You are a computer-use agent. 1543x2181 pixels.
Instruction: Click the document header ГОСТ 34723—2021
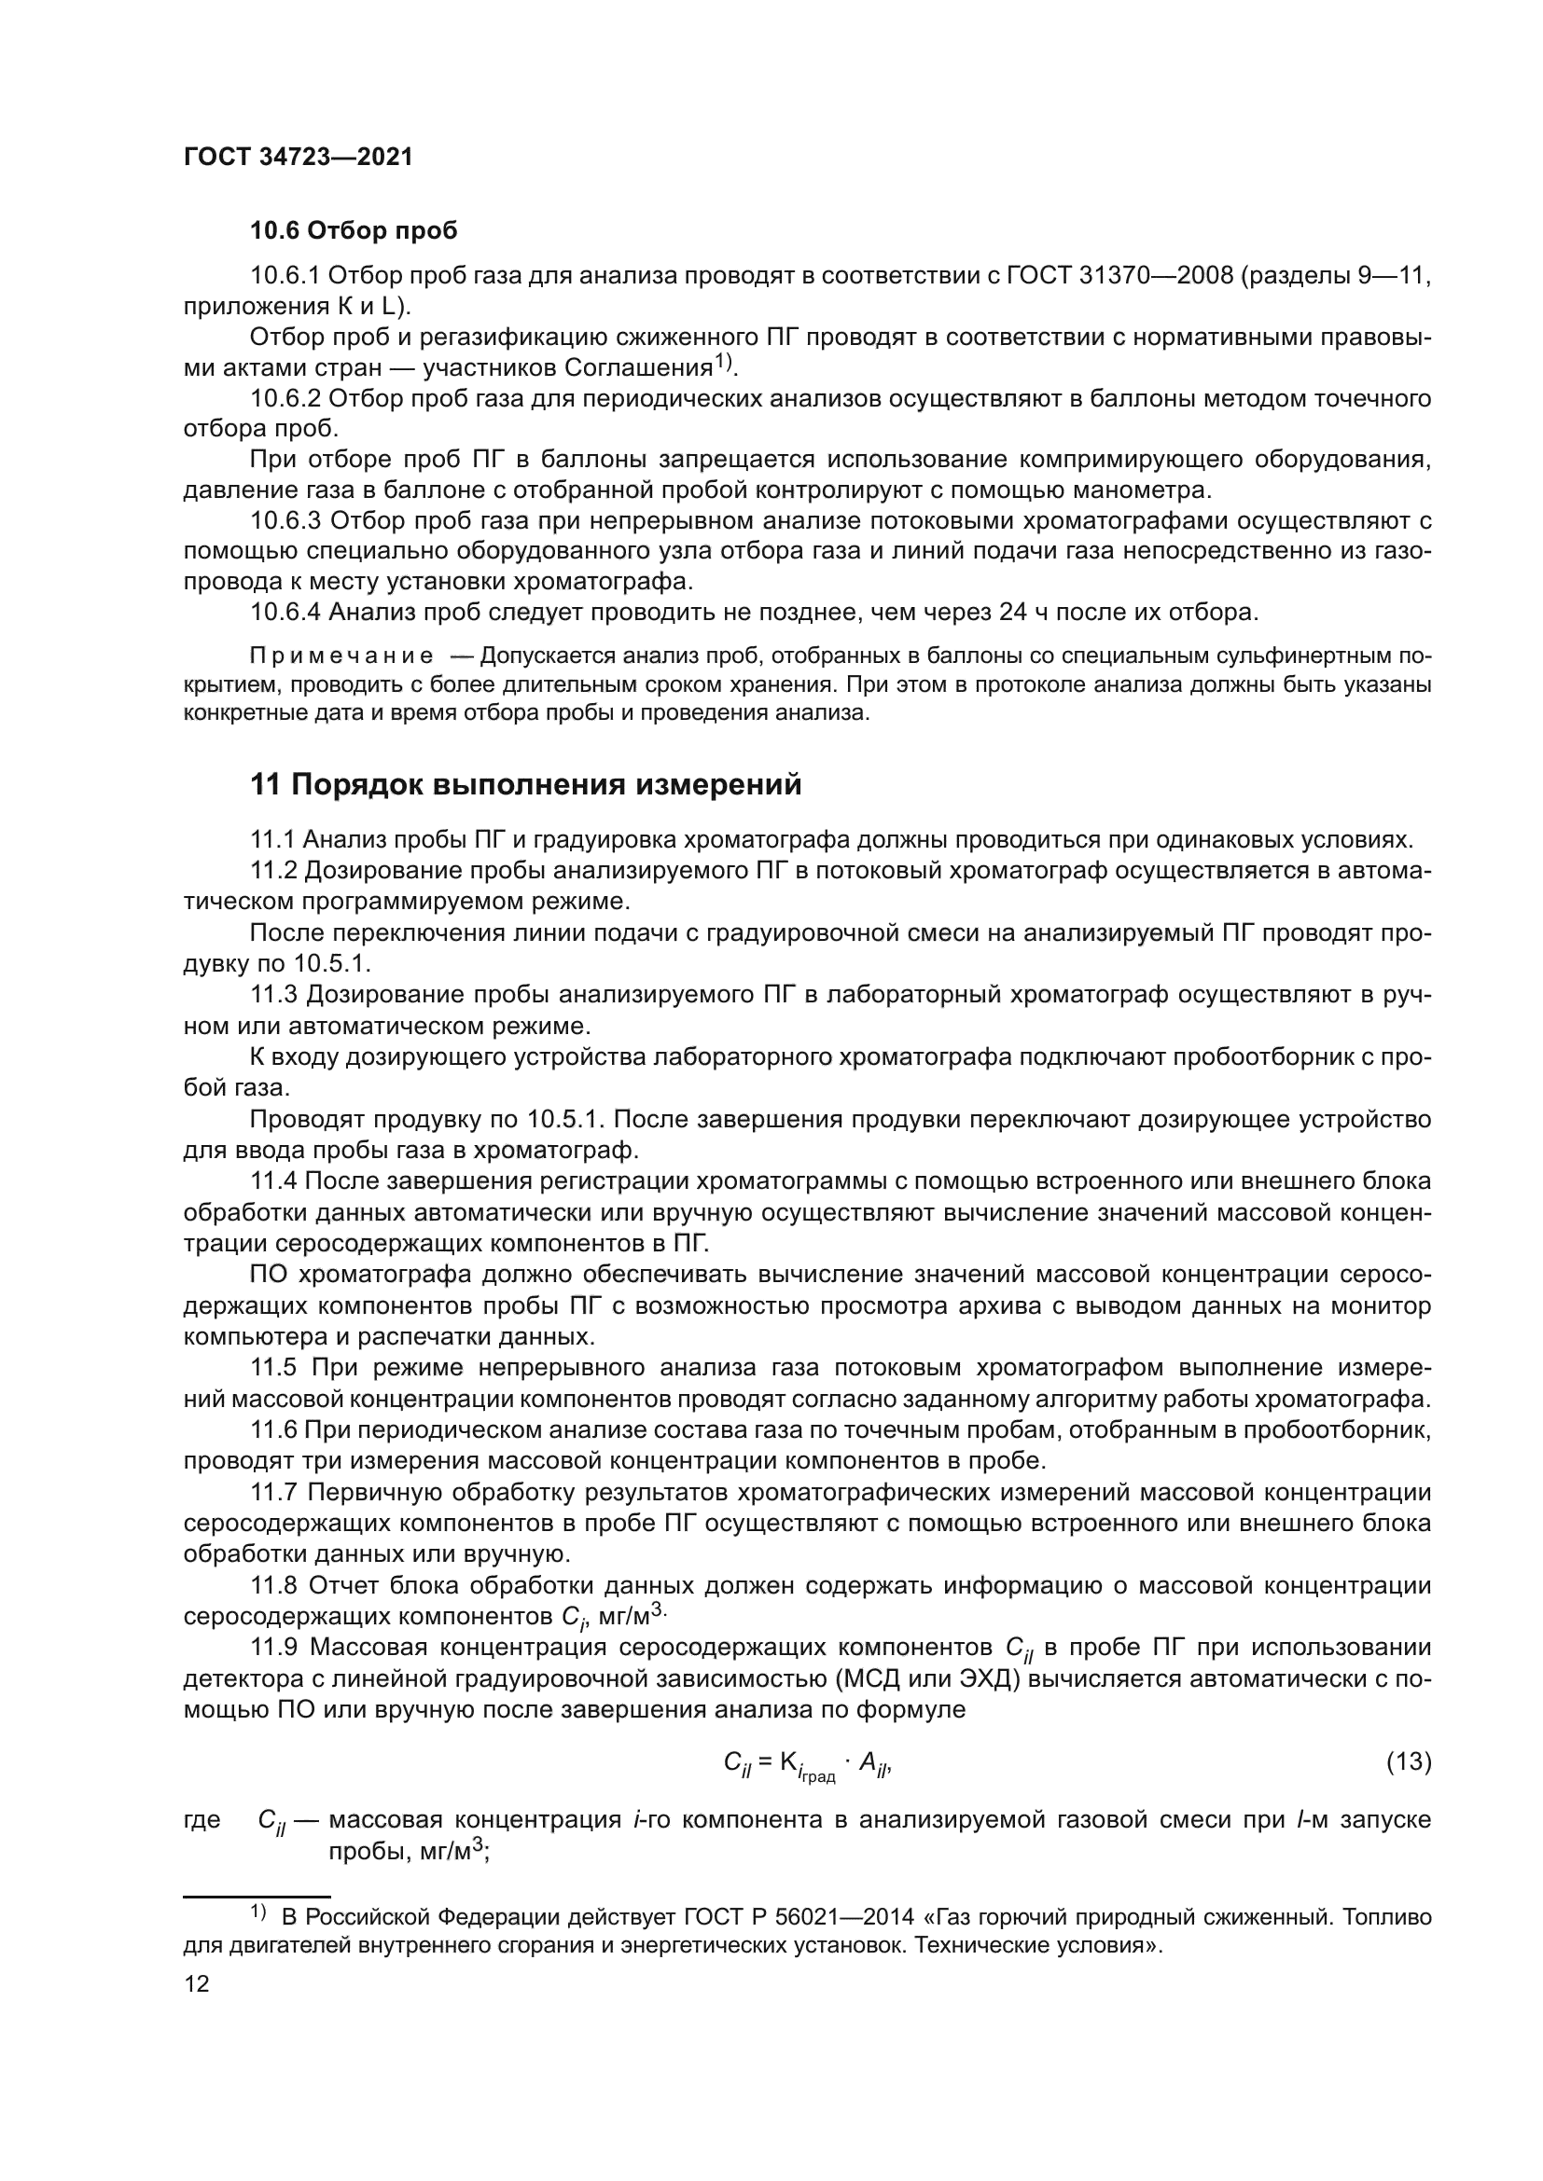point(299,158)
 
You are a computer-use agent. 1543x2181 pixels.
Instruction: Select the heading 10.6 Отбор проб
point(354,231)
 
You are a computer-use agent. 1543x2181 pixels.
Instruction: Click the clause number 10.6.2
point(286,398)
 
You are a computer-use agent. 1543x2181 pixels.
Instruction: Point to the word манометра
point(1149,491)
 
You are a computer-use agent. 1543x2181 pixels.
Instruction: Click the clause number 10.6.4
point(286,613)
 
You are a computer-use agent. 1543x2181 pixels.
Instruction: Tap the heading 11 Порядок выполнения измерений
point(525,785)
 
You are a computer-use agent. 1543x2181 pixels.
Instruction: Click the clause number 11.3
point(273,995)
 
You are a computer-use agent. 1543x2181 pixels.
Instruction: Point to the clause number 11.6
point(274,1429)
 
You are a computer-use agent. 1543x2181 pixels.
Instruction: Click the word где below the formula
point(202,1820)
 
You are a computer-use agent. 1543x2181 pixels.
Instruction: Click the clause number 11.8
point(274,1585)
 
